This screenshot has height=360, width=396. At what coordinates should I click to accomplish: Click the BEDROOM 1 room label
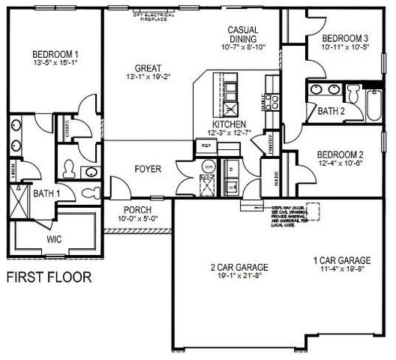pos(55,54)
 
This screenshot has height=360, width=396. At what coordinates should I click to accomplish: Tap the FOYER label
pos(148,169)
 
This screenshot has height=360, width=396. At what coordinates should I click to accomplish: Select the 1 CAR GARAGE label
pos(343,261)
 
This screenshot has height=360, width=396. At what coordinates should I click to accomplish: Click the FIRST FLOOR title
pos(49,277)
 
